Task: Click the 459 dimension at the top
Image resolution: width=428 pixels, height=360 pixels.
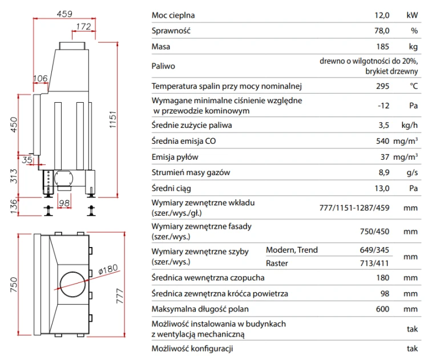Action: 64,14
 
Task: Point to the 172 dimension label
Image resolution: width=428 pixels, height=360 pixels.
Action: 83,27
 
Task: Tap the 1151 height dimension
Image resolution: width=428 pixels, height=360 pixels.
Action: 113,120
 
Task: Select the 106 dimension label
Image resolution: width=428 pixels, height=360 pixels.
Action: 41,79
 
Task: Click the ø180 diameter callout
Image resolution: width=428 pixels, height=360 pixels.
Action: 108,269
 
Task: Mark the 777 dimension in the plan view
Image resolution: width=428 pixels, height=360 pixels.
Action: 120,296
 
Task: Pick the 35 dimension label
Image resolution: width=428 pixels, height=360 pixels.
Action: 27,160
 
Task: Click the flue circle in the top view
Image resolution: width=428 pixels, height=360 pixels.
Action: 72,284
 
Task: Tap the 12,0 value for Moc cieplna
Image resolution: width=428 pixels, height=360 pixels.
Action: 382,15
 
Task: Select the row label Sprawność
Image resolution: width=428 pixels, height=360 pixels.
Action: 171,31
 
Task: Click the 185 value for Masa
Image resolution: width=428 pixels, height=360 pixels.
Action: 383,47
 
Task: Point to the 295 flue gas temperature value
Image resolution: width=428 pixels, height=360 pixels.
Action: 383,86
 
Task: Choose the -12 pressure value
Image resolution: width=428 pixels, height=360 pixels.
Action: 383,106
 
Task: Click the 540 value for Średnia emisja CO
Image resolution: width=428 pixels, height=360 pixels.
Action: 383,141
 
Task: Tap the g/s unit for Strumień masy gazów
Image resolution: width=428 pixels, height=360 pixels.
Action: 412,173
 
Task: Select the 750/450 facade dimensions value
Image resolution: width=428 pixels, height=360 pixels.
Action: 374,232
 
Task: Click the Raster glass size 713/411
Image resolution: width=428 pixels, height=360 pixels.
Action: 374,264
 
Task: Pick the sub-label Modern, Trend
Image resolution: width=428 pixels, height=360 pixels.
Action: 292,250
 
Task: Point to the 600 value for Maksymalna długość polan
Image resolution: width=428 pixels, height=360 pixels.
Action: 383,309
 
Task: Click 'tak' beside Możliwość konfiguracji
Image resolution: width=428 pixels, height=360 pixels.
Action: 412,349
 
